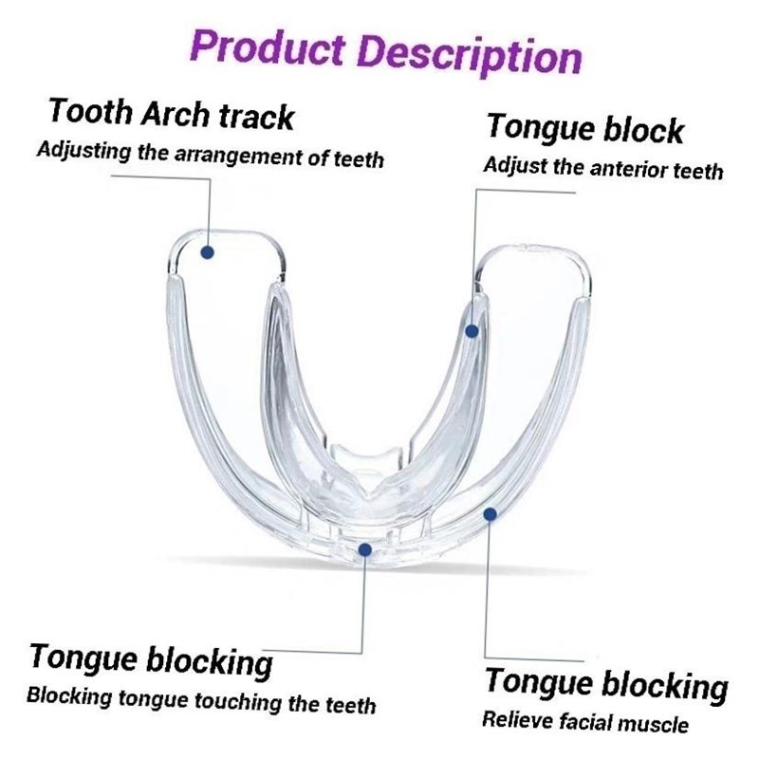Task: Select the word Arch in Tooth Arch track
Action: [178, 114]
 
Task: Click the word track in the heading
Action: [256, 117]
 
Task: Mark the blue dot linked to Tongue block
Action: [472, 331]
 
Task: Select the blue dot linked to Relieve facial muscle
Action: [490, 514]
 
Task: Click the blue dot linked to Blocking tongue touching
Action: [365, 548]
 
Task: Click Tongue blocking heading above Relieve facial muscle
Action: [606, 682]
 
